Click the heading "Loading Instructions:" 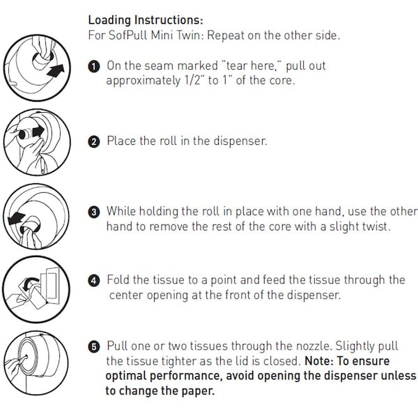tap(146, 20)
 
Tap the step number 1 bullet tap(94, 67)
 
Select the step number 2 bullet tap(94, 141)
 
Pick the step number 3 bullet tap(94, 212)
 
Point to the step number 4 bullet tap(94, 281)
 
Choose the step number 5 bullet tap(94, 347)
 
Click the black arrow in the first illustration tap(56, 70)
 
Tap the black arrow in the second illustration tap(38, 132)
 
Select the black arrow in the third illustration tap(16, 218)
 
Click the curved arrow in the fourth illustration tap(30, 283)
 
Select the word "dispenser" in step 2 tap(240, 141)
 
